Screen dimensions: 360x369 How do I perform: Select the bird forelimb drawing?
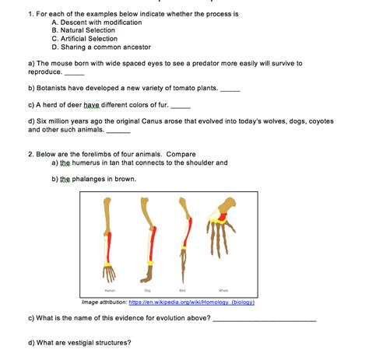pos(184,237)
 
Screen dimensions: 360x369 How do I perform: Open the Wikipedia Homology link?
pos(192,302)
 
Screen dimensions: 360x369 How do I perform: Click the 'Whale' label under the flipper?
pos(224,289)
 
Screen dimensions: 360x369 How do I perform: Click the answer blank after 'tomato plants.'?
pos(230,89)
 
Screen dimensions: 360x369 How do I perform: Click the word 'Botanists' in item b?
pos(53,89)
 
